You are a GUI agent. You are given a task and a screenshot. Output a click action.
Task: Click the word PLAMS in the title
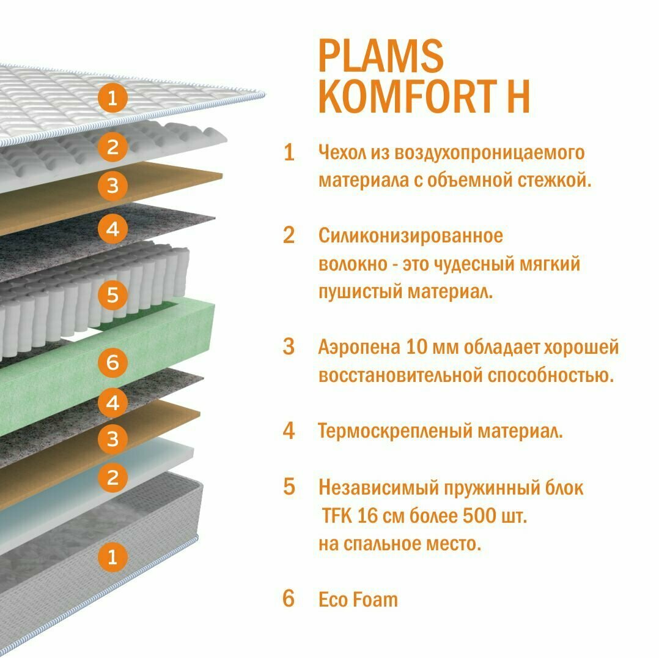pyautogui.click(x=380, y=56)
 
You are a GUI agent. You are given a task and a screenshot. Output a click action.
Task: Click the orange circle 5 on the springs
pyautogui.click(x=112, y=294)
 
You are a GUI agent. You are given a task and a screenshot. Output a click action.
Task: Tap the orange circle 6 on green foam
pyautogui.click(x=112, y=362)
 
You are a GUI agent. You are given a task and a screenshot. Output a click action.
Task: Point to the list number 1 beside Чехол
pyautogui.click(x=289, y=153)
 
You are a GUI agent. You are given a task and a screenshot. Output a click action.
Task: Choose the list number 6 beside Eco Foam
pyautogui.click(x=289, y=599)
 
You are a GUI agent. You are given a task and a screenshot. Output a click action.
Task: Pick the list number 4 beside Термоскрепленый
pyautogui.click(x=289, y=431)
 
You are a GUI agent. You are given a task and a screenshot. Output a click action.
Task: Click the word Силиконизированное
pyautogui.click(x=410, y=235)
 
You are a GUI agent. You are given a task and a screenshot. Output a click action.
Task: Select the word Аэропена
pyautogui.click(x=359, y=348)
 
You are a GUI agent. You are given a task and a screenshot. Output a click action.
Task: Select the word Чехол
pyautogui.click(x=342, y=152)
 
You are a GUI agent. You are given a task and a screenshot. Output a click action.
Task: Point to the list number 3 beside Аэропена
pyautogui.click(x=289, y=347)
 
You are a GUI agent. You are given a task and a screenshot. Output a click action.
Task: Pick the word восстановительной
pyautogui.click(x=400, y=375)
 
